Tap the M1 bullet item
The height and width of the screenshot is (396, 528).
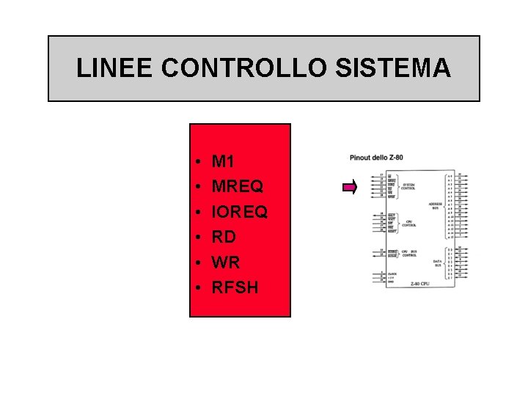[222, 161]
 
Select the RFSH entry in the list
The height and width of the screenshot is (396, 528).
[235, 287]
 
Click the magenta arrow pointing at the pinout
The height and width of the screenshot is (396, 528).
[351, 188]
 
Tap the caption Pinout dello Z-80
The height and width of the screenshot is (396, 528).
[375, 158]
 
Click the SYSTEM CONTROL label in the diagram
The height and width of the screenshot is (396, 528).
[408, 186]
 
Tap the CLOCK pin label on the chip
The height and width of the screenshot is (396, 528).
[392, 273]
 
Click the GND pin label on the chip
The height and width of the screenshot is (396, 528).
[391, 282]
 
